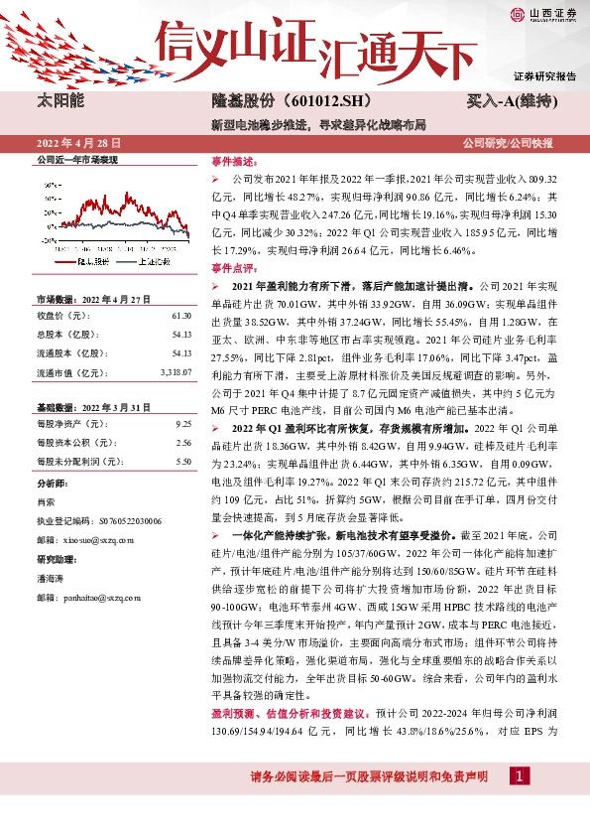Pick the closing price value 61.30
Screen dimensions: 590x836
click(x=180, y=316)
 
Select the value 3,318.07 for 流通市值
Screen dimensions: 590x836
click(x=176, y=372)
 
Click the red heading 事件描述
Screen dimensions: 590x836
click(x=234, y=160)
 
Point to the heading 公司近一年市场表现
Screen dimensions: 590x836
click(x=77, y=160)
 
